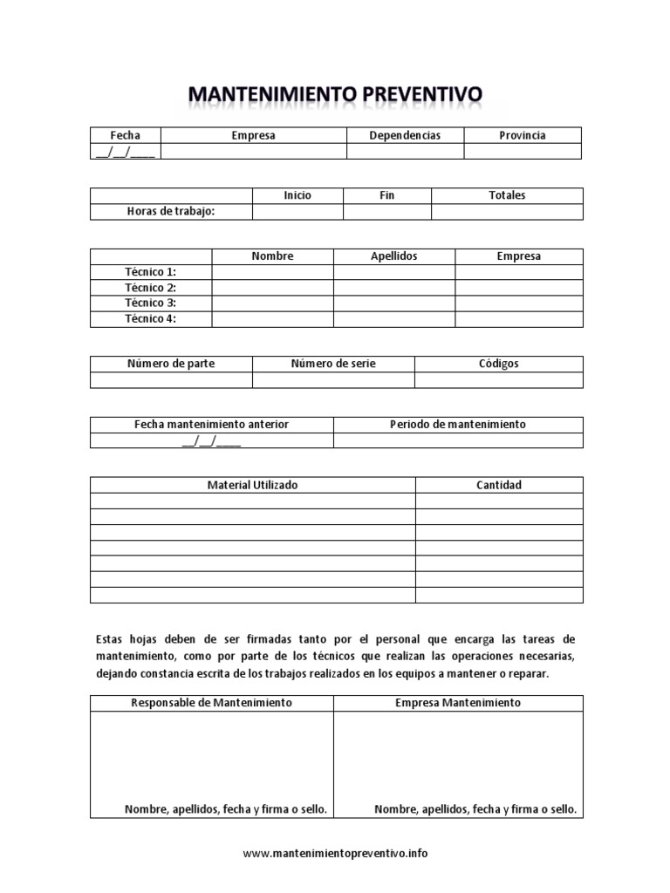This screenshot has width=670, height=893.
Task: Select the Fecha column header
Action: click(x=125, y=135)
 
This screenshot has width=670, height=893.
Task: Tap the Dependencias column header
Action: click(x=405, y=135)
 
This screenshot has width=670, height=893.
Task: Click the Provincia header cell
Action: click(x=522, y=135)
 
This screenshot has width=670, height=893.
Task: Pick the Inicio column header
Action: click(x=297, y=195)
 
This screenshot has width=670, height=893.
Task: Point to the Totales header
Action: click(x=507, y=195)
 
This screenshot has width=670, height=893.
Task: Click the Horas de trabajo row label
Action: click(x=171, y=211)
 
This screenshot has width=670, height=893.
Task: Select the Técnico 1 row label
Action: click(x=150, y=272)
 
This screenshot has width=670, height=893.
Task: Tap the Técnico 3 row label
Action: click(x=150, y=303)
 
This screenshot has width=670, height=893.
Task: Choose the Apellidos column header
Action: click(x=394, y=256)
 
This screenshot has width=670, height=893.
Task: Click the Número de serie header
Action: click(x=333, y=364)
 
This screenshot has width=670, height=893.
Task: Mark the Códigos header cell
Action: click(x=498, y=364)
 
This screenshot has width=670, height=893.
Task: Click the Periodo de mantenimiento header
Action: click(x=458, y=424)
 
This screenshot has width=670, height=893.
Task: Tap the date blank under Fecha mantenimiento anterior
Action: click(x=211, y=440)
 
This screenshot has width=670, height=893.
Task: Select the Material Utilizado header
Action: click(x=252, y=485)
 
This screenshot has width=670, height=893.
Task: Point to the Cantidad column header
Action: click(x=499, y=485)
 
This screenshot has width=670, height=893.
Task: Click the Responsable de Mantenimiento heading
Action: click(x=211, y=702)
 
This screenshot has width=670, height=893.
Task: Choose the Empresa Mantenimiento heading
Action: click(x=458, y=702)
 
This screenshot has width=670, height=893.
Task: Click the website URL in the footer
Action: click(x=335, y=854)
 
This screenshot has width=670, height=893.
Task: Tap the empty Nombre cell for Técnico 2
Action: click(x=272, y=288)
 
